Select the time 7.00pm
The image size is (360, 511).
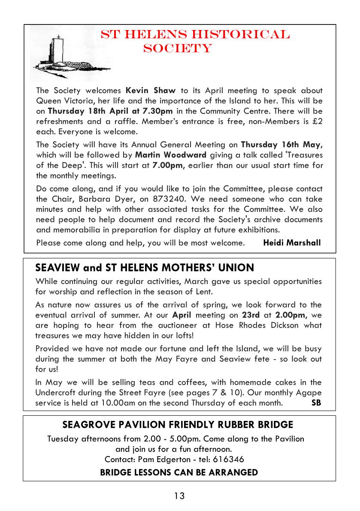[167, 165]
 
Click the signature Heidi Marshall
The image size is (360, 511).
[292, 243]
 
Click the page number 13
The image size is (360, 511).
[179, 496]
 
